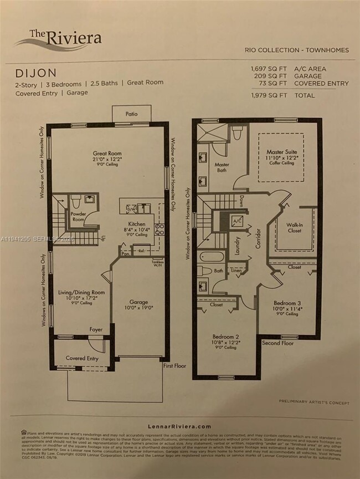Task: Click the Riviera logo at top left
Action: pyautogui.click(x=58, y=38)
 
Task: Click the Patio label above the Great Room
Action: pyautogui.click(x=131, y=114)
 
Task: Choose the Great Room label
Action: pyautogui.click(x=107, y=153)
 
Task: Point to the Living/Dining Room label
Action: pyautogui.click(x=81, y=292)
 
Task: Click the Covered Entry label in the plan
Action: pyautogui.click(x=83, y=358)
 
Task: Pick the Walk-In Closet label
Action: pyautogui.click(x=294, y=227)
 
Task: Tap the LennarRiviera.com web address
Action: pyautogui.click(x=179, y=426)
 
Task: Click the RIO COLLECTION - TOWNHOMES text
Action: pyautogui.click(x=297, y=50)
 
